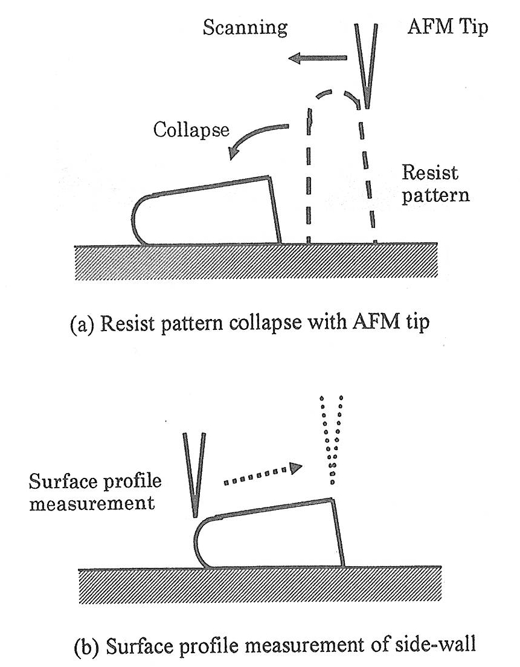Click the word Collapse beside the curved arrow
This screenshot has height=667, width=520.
point(190,130)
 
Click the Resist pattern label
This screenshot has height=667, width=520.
point(429,185)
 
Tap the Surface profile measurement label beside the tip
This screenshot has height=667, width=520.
point(91,492)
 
